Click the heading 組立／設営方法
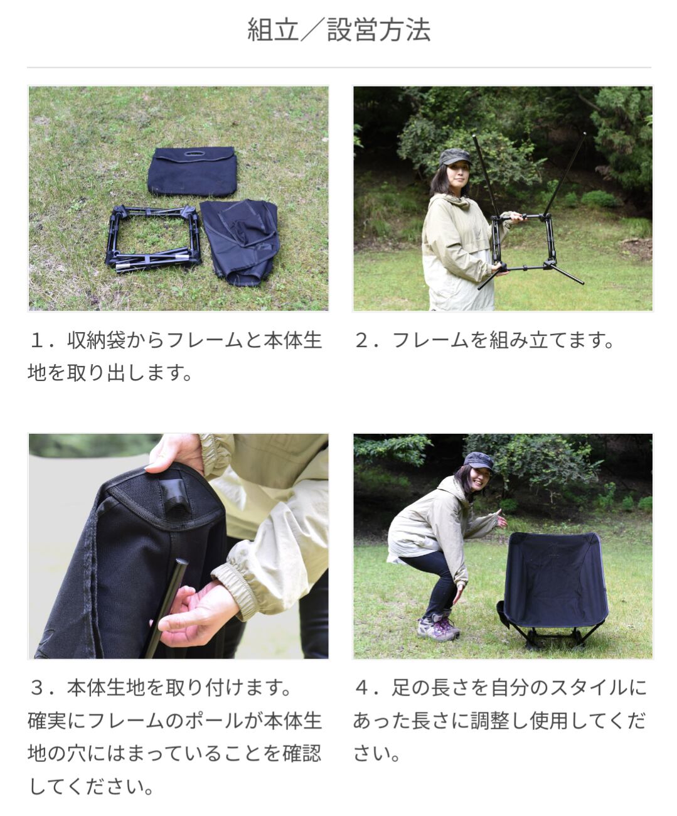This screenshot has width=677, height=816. click(339, 30)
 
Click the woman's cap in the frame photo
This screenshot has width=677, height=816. click(455, 157)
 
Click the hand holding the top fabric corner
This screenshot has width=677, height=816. click(175, 453)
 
